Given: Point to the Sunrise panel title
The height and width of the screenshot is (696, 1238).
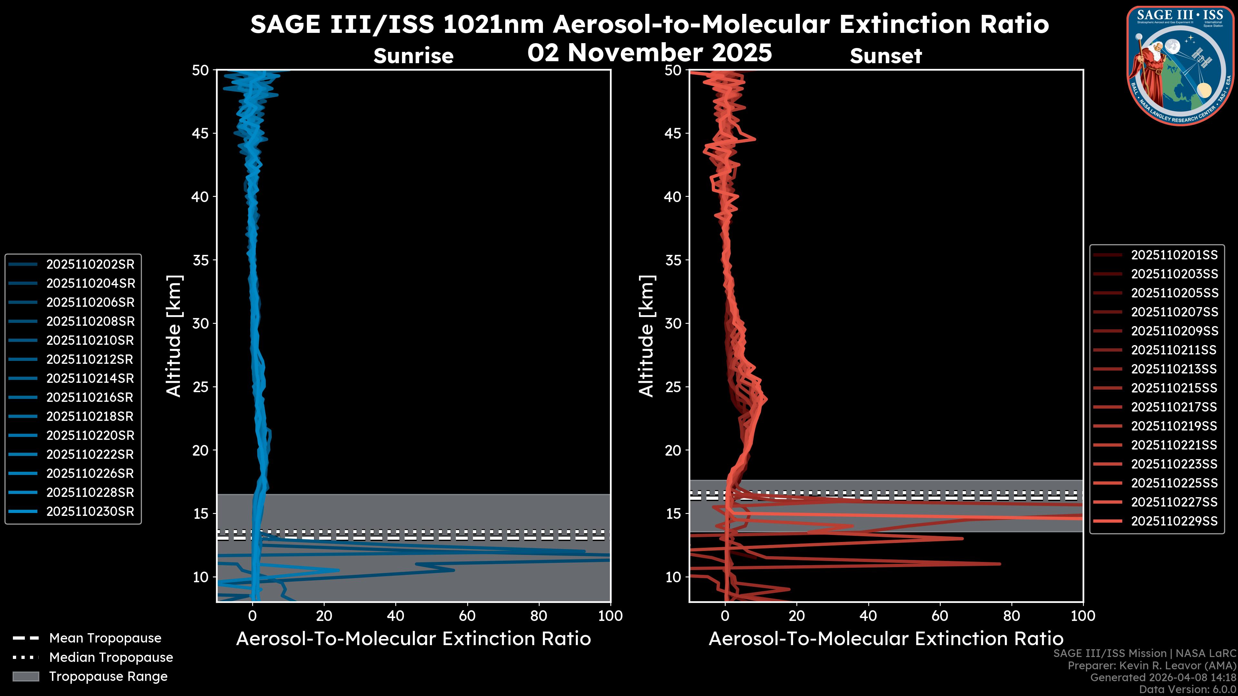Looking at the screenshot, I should [x=413, y=56].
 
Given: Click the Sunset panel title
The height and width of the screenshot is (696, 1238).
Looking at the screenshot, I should [x=886, y=56].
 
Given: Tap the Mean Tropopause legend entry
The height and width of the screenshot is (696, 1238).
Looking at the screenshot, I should [x=105, y=638].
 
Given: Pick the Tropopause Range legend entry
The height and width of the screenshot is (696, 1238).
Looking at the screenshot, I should [x=108, y=676].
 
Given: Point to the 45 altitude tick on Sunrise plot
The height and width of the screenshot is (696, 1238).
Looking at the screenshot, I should [x=201, y=133].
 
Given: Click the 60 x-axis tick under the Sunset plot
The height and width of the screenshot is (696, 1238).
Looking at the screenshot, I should [x=939, y=616].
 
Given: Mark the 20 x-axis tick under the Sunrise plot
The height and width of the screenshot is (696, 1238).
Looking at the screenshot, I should [x=324, y=616].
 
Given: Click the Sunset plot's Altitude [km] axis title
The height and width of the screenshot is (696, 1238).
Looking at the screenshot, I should [x=647, y=336].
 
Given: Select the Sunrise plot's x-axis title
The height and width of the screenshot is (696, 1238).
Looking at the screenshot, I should [x=413, y=639].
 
